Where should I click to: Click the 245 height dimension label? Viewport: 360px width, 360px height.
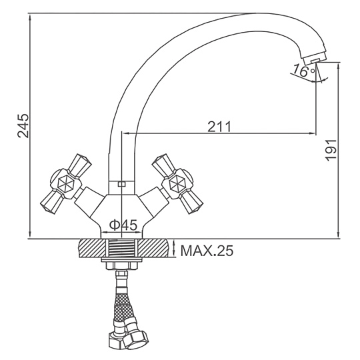click(x=23, y=125)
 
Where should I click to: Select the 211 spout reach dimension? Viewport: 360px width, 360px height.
click(x=219, y=127)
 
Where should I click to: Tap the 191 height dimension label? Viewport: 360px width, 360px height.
click(x=331, y=151)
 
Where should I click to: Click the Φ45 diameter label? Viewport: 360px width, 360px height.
click(x=123, y=225)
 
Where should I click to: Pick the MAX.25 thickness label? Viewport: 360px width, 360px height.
click(x=207, y=251)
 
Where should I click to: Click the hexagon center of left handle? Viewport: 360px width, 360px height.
click(x=65, y=184)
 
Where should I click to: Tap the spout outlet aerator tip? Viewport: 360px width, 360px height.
click(x=315, y=61)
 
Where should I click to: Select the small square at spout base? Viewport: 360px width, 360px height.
click(x=121, y=184)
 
